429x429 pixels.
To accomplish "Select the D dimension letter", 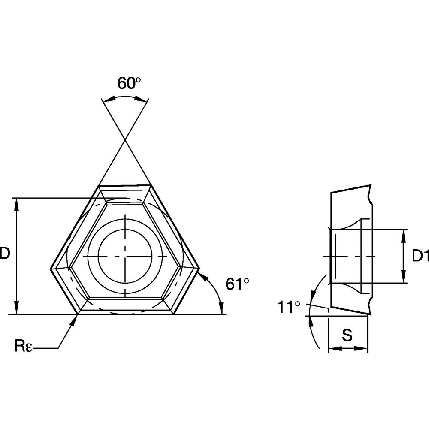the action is tap(5, 253).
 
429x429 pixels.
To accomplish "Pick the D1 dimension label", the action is tap(420, 256).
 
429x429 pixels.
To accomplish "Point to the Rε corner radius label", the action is tap(23, 346).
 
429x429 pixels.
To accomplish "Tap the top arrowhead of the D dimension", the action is tap(17, 204).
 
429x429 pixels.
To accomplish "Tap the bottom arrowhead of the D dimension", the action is tap(17, 308).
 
